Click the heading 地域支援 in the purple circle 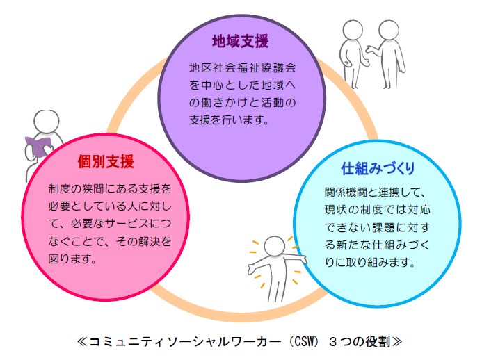[x=240, y=41]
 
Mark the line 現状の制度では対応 [x=379, y=210]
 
